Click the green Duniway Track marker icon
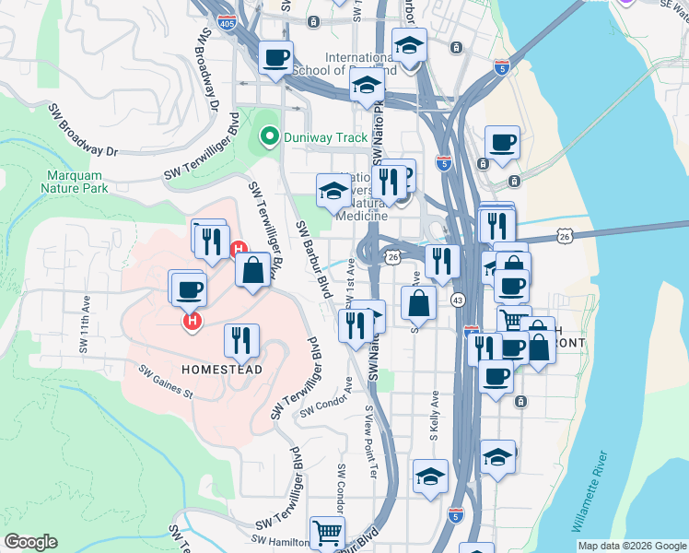pos(269,138)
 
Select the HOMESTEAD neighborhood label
pos(222,370)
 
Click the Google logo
pos(30,542)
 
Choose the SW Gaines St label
pos(166,382)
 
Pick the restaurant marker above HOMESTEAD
pos(241,340)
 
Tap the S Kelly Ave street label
pos(435,411)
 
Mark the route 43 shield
pos(457,300)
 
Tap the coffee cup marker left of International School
pos(275,57)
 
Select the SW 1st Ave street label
pos(350,293)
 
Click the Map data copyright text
pos(631,546)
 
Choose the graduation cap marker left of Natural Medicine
pos(333,191)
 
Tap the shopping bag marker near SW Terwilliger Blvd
pos(252,271)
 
